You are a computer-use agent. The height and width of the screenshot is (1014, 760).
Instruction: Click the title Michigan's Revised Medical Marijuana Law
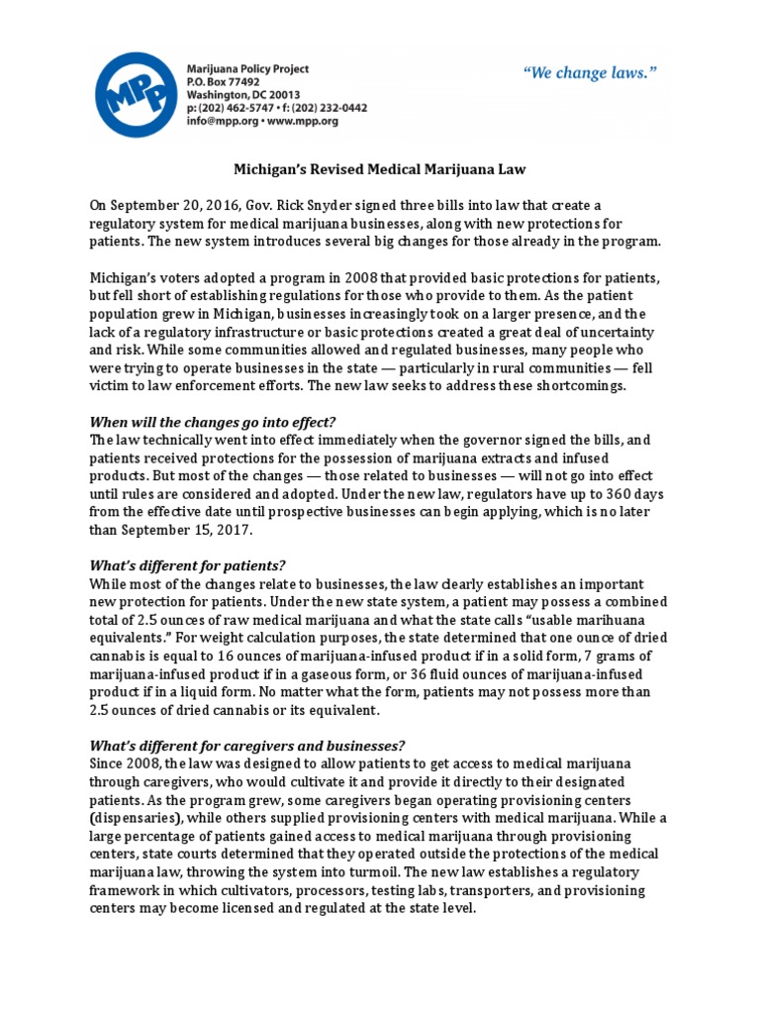tap(379, 170)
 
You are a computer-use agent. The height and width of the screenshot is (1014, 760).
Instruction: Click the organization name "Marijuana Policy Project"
tap(248, 68)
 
